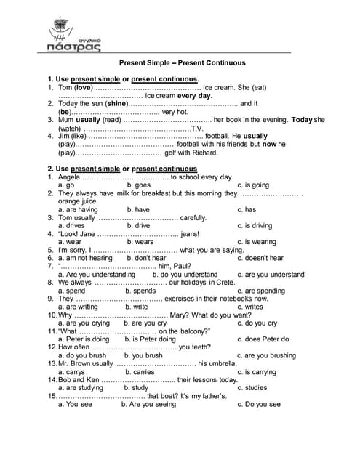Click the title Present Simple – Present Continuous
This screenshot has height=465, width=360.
tap(182, 62)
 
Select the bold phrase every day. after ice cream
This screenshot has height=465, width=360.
tap(195, 96)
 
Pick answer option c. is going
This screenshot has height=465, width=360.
tap(253, 185)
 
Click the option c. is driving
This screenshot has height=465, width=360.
tap(255, 225)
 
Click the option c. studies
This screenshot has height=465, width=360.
tap(252, 387)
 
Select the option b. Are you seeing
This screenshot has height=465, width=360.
tap(154, 403)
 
